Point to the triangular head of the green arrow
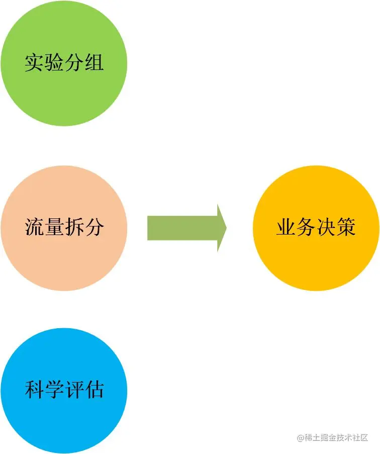(221, 228)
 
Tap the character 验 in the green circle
(54, 63)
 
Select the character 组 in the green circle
(94, 63)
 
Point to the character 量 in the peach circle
(54, 227)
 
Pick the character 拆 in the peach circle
(74, 227)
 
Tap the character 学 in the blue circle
(54, 390)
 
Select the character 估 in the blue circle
(94, 390)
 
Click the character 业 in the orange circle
(286, 227)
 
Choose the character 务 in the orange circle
(306, 227)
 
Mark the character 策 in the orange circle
(346, 227)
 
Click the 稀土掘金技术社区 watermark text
(336, 437)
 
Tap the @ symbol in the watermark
(300, 438)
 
